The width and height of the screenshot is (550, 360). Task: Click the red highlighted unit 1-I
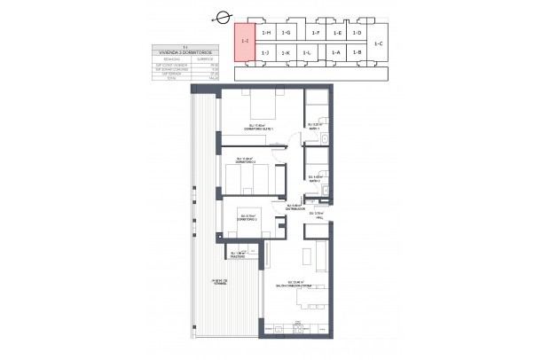245,41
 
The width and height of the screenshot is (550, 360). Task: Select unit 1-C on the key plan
379,43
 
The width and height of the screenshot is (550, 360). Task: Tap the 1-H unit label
266,33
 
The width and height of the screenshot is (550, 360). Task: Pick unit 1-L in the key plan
306,53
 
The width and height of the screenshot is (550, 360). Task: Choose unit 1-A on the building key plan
336,53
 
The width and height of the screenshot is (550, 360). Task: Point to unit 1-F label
317,33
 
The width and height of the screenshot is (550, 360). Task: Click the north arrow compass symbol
223,14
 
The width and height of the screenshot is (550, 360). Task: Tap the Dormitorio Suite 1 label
261,129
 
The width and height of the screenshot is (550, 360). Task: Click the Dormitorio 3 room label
247,218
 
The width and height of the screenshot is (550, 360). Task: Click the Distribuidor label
295,210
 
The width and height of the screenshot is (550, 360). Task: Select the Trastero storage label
237,255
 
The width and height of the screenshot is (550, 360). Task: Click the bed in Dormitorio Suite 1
262,106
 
